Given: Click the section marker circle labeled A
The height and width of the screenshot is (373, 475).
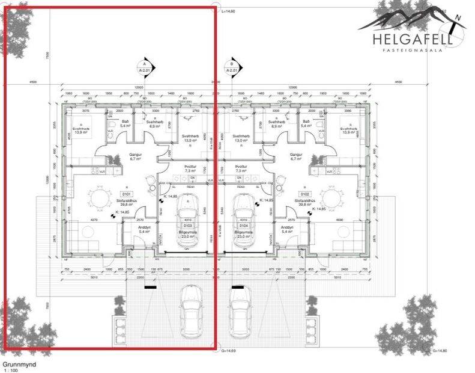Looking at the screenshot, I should point(144,64).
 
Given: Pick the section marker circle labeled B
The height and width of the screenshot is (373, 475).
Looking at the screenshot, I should point(231,64).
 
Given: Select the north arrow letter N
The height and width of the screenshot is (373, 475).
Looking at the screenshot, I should point(458,18).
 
